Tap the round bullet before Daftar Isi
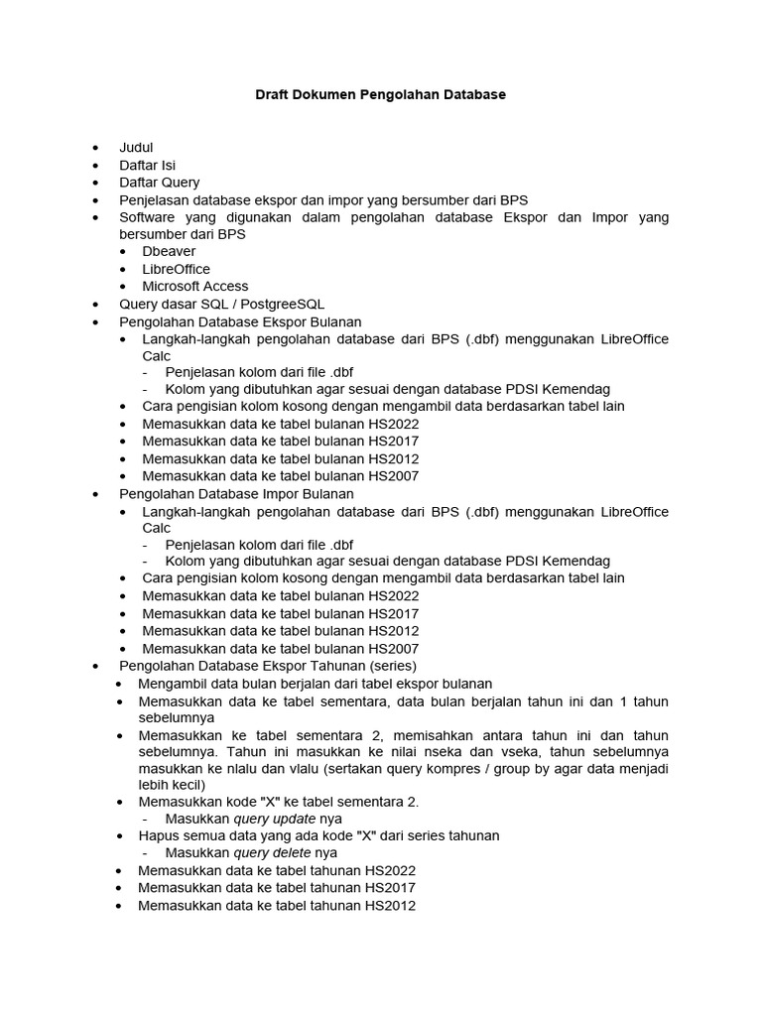95,166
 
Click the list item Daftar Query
159,183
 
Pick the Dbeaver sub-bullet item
169,252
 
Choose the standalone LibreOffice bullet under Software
176,269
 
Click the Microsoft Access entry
195,286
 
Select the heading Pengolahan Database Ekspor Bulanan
240,321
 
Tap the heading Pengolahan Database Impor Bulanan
236,493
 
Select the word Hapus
158,835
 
